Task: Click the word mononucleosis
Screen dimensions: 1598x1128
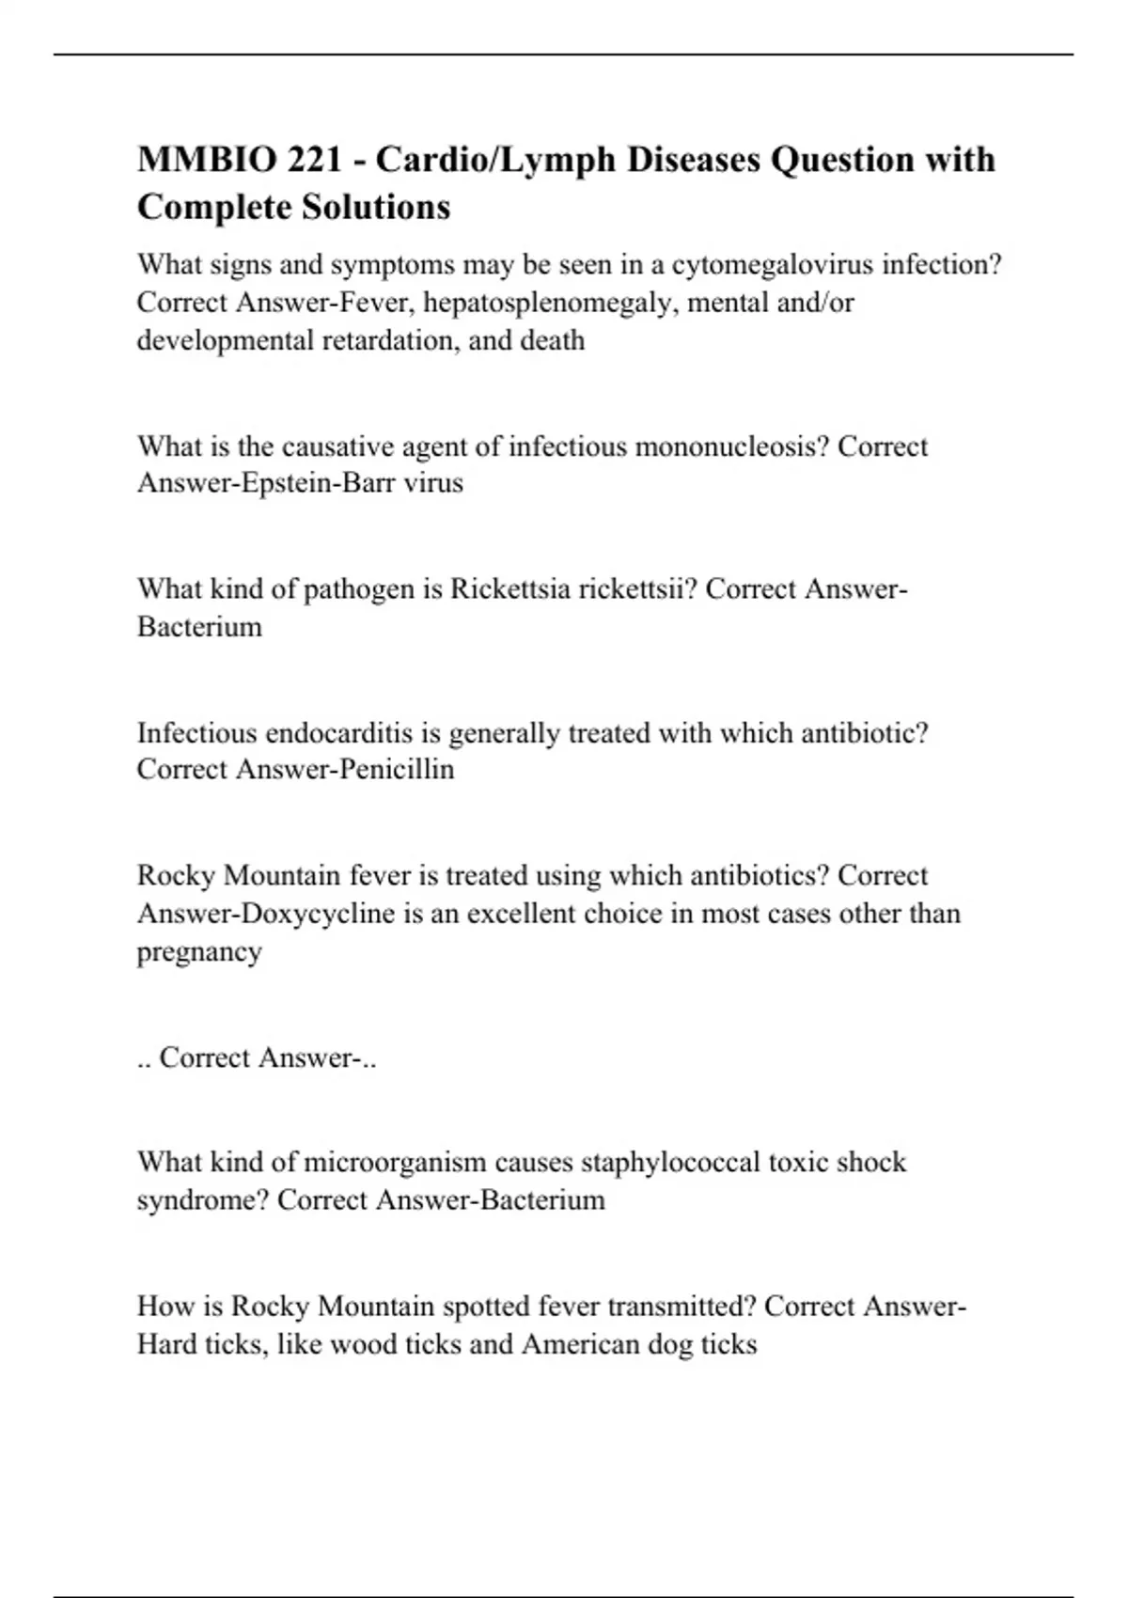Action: (732, 446)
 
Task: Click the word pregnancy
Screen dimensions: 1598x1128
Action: (199, 952)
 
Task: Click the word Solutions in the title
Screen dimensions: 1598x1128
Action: (376, 207)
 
